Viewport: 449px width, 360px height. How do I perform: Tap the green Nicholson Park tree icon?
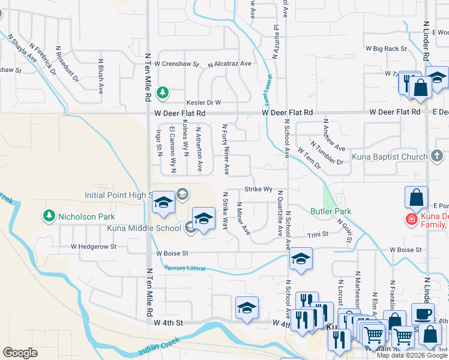pyautogui.click(x=48, y=215)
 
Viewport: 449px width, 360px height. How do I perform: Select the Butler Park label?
pyautogui.click(x=331, y=211)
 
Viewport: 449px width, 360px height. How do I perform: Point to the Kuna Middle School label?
pyautogui.click(x=143, y=228)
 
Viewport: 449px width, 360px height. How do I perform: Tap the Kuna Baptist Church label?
pyautogui.click(x=391, y=157)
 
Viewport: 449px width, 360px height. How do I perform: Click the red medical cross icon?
pyautogui.click(x=411, y=220)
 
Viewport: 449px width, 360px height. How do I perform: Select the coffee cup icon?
pyautogui.click(x=423, y=314)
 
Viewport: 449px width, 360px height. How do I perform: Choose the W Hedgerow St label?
pyautogui.click(x=97, y=246)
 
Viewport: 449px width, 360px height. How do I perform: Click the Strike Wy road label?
pyautogui.click(x=259, y=189)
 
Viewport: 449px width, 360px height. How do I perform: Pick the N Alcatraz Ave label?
pyautogui.click(x=229, y=64)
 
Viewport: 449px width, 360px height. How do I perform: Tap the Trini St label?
pyautogui.click(x=318, y=234)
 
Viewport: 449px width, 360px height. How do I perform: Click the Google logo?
pyautogui.click(x=20, y=353)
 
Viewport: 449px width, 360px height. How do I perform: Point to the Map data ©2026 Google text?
pyautogui.click(x=412, y=355)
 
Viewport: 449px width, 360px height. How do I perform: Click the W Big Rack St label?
pyautogui.click(x=386, y=48)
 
